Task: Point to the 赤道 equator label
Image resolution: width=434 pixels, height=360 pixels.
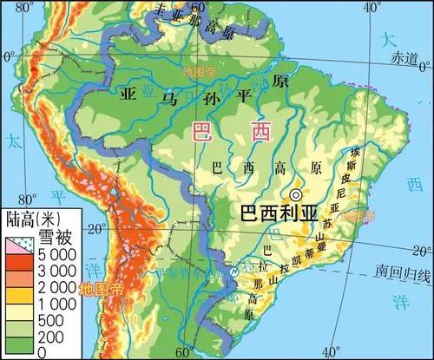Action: coord(404,57)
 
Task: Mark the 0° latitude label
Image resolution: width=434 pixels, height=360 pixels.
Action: coord(10,57)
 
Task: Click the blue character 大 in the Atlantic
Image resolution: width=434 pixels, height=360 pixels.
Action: coord(390,39)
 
